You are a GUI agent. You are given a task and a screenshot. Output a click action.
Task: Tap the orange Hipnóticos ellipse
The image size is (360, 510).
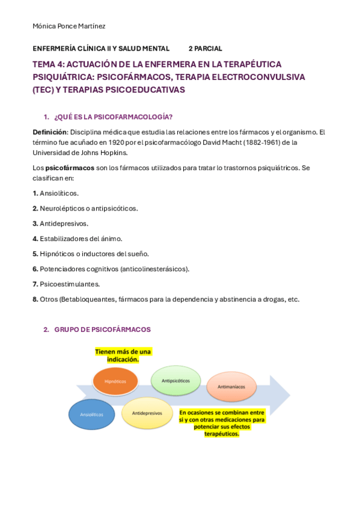tap(115, 381)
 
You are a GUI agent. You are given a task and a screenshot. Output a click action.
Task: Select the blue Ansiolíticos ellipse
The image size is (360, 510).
tap(92, 414)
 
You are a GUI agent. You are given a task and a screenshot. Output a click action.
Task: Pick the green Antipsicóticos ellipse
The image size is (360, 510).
tap(175, 380)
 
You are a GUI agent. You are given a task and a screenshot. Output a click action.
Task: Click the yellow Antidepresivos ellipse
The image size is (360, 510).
tap(147, 413)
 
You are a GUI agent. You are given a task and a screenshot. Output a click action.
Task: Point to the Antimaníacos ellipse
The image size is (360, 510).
tap(231, 387)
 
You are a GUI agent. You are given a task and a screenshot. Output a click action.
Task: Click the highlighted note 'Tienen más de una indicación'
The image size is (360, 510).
tap(123, 355)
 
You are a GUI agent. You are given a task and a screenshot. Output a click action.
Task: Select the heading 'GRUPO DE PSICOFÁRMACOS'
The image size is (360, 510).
tap(102, 330)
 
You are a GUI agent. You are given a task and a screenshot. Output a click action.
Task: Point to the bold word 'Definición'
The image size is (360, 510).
tap(50, 132)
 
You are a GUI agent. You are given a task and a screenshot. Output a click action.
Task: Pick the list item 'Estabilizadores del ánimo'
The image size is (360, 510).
tap(81, 238)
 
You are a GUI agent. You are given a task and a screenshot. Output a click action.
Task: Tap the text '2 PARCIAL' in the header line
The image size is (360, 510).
tap(205, 48)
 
